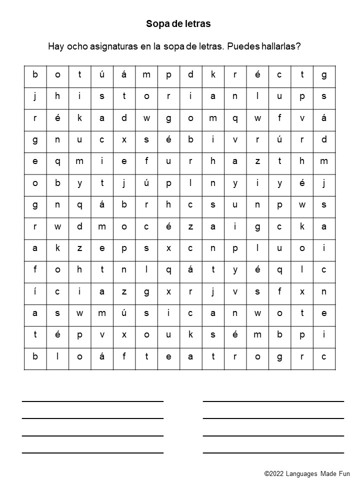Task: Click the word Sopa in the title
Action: [155, 23]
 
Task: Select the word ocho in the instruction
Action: [76, 46]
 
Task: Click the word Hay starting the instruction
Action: [55, 46]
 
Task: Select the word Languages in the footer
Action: [308, 473]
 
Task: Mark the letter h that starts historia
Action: [57, 96]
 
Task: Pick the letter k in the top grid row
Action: [213, 75]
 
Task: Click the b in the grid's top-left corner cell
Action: [35, 75]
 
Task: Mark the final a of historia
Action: [213, 96]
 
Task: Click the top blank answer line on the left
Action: [92, 401]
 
